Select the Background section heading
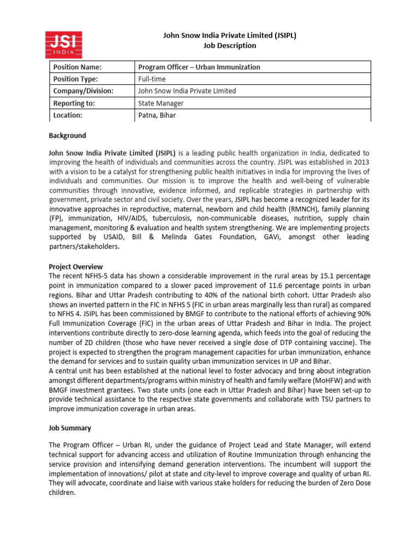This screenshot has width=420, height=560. [67, 136]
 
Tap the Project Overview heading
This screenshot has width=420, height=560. [75, 267]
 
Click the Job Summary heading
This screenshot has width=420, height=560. [70, 428]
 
